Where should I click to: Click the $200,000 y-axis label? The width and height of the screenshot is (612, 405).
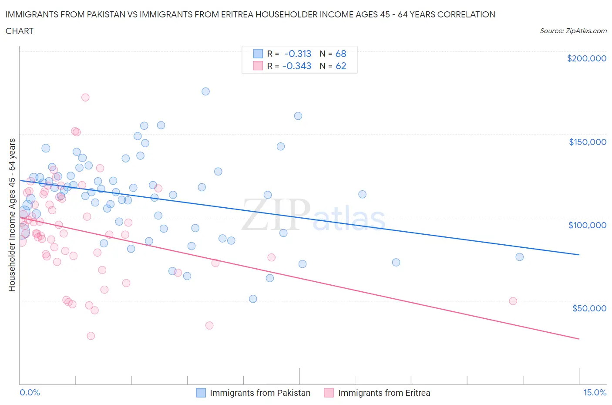click(586, 58)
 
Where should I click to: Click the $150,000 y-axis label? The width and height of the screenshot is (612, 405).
click(587, 142)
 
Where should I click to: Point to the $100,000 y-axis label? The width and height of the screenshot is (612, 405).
click(587, 225)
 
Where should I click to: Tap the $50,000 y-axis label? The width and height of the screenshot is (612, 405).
click(589, 308)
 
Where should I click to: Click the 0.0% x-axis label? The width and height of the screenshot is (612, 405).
click(30, 392)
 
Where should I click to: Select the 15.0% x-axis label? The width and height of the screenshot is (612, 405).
click(595, 392)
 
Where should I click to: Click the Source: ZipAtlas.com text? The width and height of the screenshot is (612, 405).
click(573, 31)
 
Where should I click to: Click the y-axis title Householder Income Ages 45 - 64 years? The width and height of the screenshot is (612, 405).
click(12, 215)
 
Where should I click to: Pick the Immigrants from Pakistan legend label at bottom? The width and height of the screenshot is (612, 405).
click(260, 393)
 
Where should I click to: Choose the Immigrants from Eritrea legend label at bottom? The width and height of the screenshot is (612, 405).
click(384, 393)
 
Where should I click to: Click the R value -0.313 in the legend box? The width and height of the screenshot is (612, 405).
click(298, 54)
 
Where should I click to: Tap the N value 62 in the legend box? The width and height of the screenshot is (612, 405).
click(341, 66)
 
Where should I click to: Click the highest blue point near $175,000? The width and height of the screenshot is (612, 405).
click(205, 91)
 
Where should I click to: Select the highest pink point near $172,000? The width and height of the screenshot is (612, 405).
click(85, 98)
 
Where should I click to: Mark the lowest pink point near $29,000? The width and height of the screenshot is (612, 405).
click(91, 336)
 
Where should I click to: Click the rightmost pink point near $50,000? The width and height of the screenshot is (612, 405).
click(513, 301)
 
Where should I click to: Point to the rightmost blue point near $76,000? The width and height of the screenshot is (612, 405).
click(519, 257)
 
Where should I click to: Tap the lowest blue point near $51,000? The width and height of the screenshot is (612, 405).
click(253, 299)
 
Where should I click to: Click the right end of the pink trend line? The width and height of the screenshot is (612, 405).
click(579, 339)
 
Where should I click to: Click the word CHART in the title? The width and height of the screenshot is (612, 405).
click(20, 31)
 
